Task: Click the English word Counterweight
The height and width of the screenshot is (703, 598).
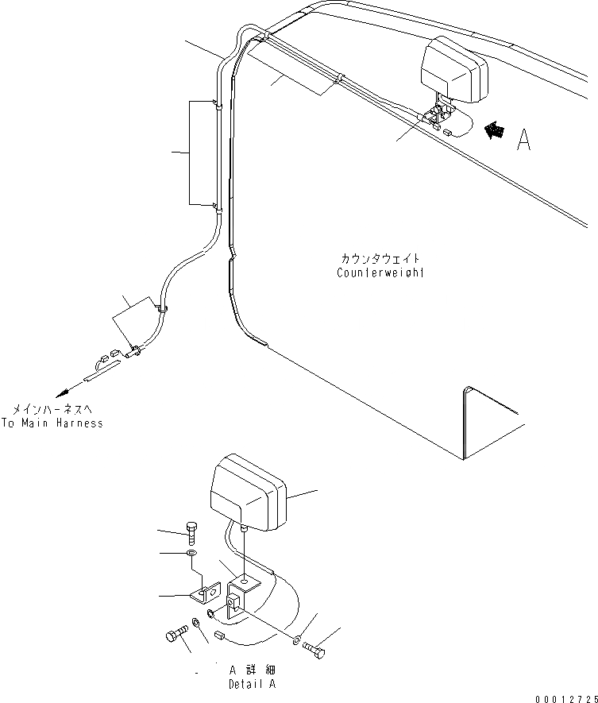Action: coord(380,273)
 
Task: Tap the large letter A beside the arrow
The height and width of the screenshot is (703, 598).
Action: coord(523,140)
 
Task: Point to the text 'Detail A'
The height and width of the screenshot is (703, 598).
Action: coord(253,684)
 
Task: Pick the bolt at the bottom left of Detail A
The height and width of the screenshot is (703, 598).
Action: coord(175,636)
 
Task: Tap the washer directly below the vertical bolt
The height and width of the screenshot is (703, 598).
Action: coord(191,553)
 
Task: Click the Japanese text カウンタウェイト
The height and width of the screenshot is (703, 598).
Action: coord(380,260)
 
